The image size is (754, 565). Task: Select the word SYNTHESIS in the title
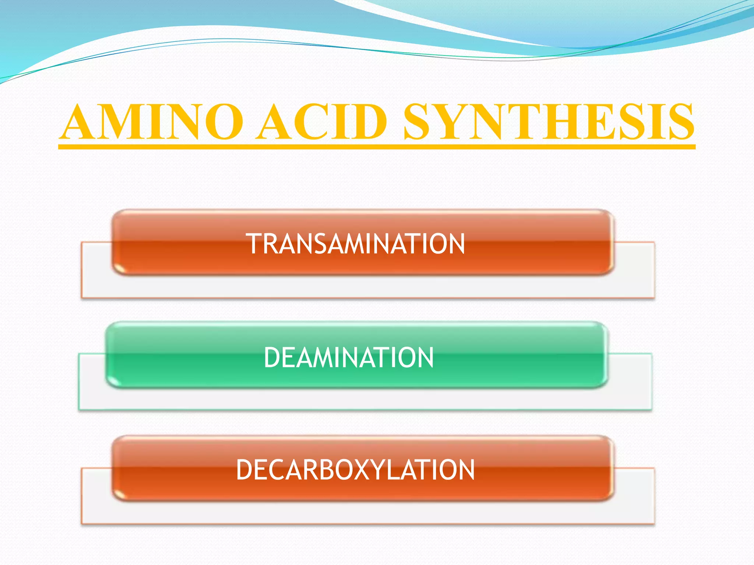pyautogui.click(x=549, y=122)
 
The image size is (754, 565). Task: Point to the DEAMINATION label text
pyautogui.click(x=349, y=358)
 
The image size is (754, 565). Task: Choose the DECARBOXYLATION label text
pyautogui.click(x=355, y=470)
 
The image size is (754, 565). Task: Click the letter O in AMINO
pyautogui.click(x=223, y=122)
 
